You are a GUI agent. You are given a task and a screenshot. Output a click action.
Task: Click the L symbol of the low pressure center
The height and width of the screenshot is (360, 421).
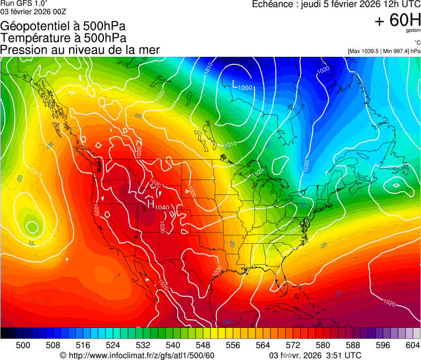[235, 84]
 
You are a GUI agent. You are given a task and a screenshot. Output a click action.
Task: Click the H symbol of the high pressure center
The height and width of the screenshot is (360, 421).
[151, 204]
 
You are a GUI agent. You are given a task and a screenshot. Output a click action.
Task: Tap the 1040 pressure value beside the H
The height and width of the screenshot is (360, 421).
[162, 207]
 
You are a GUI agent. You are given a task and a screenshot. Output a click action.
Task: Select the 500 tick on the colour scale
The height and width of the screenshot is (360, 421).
[23, 344]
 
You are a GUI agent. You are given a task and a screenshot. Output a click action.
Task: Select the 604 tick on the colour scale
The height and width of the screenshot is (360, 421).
[412, 344]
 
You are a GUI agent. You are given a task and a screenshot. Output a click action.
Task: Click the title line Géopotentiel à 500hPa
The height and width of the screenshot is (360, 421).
[63, 26]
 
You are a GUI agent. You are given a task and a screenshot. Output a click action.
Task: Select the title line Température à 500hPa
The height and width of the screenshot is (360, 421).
[63, 38]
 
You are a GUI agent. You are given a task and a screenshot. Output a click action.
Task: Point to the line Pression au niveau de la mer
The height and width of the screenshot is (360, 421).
[80, 50]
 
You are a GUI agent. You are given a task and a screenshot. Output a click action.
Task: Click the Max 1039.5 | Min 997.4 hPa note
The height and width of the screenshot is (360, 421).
[384, 51]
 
